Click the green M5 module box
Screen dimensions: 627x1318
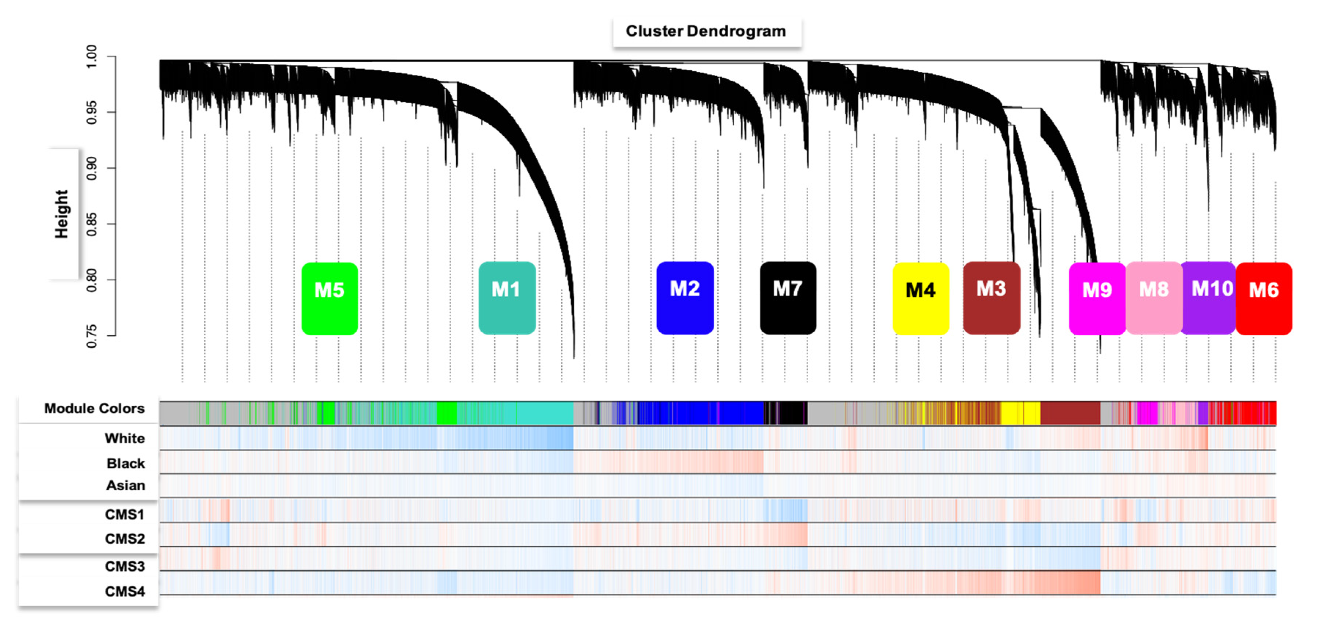[329, 299]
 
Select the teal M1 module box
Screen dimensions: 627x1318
[507, 298]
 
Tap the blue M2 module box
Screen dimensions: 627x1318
[685, 298]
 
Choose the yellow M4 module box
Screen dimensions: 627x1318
[920, 299]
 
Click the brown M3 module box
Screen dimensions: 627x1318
[991, 298]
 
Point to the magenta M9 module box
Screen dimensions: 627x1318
[1097, 299]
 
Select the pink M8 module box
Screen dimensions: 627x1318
[1154, 298]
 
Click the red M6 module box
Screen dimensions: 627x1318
[1264, 299]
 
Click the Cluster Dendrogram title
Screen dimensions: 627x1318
[706, 31]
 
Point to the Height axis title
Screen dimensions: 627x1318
[62, 214]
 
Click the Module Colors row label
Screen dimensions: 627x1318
[94, 408]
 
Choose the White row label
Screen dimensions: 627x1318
[125, 438]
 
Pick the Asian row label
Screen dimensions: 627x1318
[125, 485]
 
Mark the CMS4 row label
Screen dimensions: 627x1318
[125, 591]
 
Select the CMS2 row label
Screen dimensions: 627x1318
[125, 539]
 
